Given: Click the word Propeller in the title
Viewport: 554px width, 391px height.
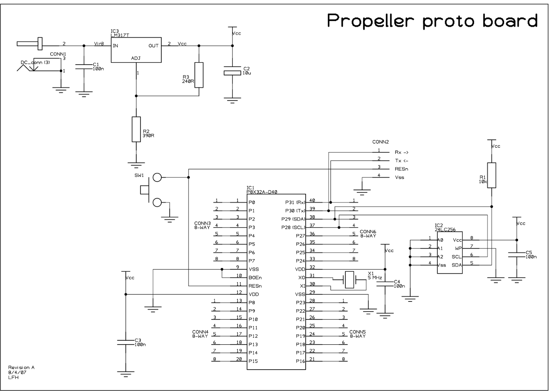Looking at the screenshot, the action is (x=370, y=21).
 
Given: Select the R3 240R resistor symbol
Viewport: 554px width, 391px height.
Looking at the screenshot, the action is (x=199, y=75).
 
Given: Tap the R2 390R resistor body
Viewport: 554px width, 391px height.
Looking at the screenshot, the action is (x=136, y=129).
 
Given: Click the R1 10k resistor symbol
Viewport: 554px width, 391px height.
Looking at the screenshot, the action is (x=491, y=175).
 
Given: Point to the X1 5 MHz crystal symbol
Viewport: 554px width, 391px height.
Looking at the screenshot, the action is (x=349, y=280).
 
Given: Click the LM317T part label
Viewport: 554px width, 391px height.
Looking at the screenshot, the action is (x=120, y=35).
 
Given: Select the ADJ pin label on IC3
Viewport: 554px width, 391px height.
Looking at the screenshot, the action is (x=136, y=58).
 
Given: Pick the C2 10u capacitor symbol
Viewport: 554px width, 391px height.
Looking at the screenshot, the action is (x=232, y=70).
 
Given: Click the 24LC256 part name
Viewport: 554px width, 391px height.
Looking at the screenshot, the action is (x=445, y=229).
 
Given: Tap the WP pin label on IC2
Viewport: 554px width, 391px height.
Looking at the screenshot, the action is (x=458, y=248).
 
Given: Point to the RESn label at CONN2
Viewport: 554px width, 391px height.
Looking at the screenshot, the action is (x=401, y=169).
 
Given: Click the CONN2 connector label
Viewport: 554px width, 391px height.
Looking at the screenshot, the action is (x=381, y=142).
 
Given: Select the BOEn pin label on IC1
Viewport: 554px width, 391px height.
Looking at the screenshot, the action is (x=255, y=278).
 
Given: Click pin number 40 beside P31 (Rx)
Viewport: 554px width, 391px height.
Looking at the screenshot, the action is (x=312, y=200).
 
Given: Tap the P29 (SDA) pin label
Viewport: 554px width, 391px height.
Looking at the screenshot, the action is (x=293, y=219).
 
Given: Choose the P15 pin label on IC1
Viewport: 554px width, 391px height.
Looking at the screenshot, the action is (x=253, y=361).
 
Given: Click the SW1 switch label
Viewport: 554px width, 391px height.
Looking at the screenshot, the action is (x=139, y=175).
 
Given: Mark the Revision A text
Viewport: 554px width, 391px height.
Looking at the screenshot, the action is (x=21, y=367).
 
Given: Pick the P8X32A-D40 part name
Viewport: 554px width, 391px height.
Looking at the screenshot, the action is (x=262, y=192).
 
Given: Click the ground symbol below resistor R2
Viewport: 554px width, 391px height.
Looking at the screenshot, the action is (x=136, y=165).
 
